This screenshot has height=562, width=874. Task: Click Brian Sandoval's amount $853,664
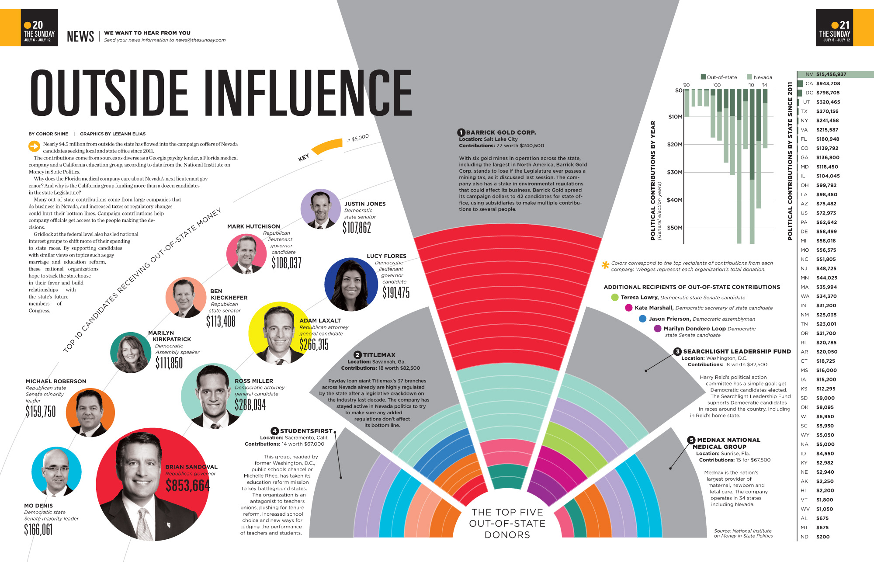pos(188,486)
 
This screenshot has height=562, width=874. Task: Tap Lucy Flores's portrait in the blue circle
pos(351,284)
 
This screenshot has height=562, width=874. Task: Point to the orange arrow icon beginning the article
pos(34,146)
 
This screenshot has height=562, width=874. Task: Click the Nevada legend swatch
pos(749,77)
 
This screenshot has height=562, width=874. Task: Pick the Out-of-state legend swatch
pos(703,77)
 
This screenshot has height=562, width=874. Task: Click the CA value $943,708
pos(828,83)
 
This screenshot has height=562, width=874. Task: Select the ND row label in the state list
pos(804,537)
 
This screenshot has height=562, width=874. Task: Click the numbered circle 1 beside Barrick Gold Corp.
pos(461,132)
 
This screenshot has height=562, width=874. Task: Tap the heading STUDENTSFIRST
pos(306,431)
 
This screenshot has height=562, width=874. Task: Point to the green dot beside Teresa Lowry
pos(615,297)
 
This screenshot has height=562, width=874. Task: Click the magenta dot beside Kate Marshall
pos(628,308)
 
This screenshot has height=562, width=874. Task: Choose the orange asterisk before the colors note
pos(605,265)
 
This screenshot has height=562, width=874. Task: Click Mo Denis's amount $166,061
pos(38,530)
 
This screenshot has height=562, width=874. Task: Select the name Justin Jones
pos(365,204)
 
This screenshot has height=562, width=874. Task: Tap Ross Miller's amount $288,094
pos(250,405)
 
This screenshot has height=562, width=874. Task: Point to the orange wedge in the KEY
pos(327,146)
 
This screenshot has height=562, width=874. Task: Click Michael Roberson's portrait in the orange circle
pos(90,412)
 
